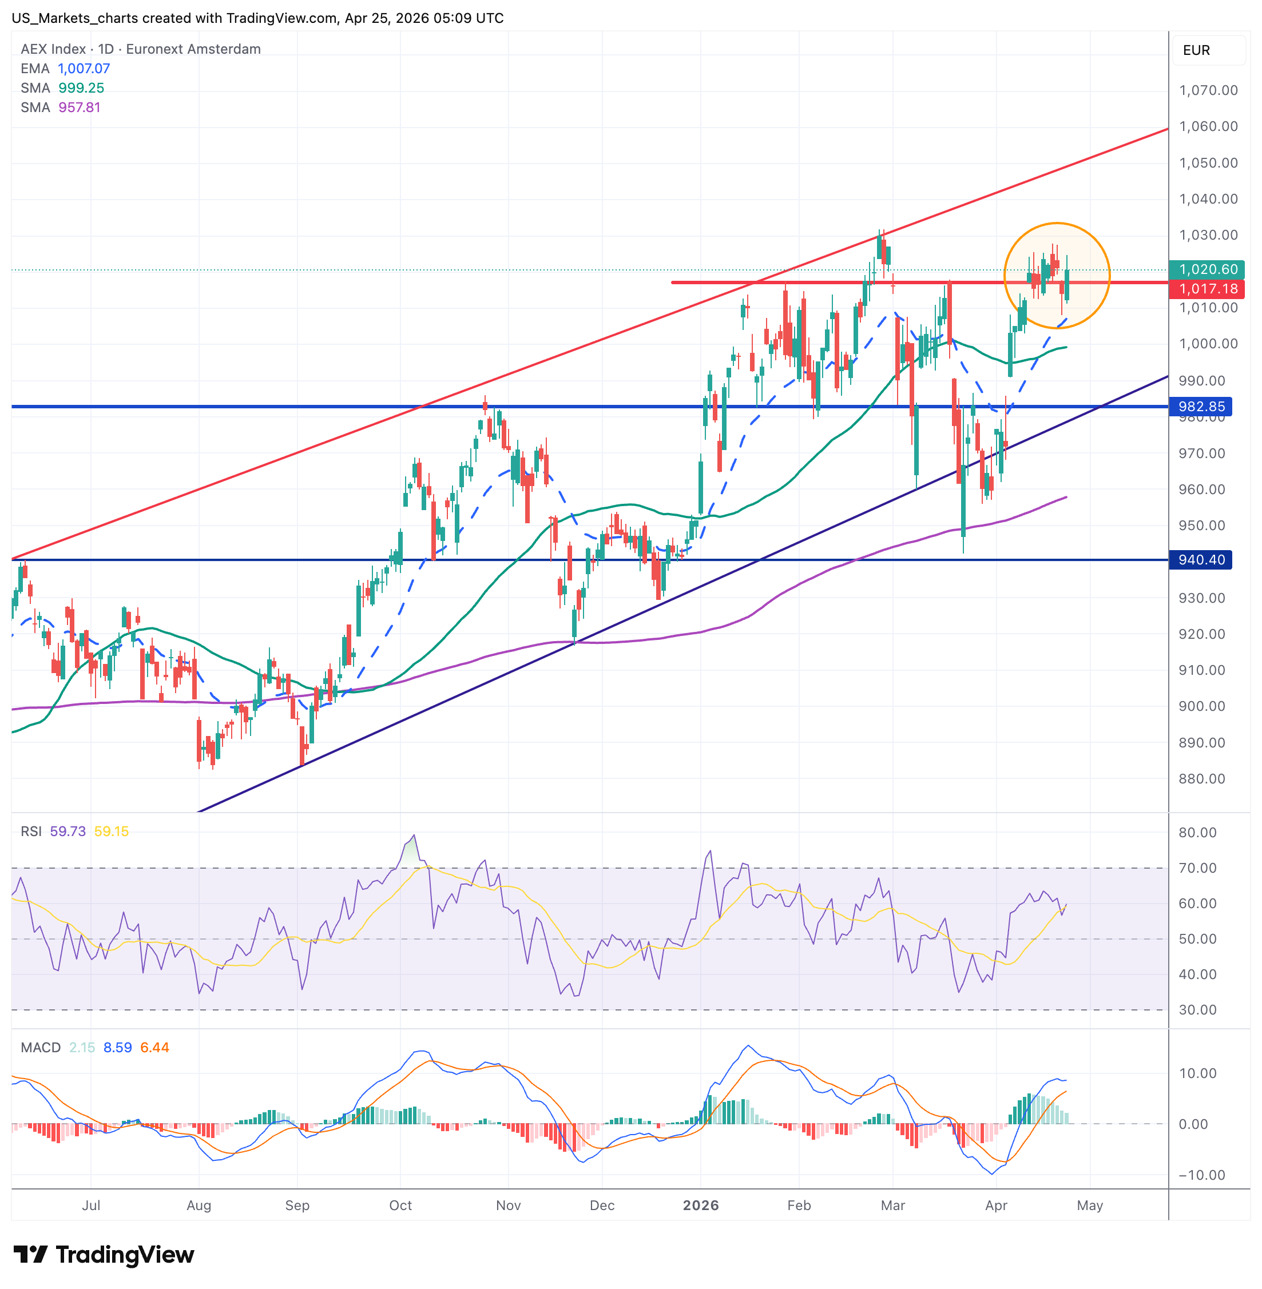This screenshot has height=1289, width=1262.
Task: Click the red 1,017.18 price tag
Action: pyautogui.click(x=1207, y=289)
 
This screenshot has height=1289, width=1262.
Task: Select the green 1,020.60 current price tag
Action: pyautogui.click(x=1207, y=270)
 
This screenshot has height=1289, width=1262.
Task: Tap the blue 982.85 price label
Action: pyautogui.click(x=1200, y=406)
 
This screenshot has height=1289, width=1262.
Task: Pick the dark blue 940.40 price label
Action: pyautogui.click(x=1200, y=560)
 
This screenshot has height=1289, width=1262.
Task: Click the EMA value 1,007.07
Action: pyautogui.click(x=84, y=68)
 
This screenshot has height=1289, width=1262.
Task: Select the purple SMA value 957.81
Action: pyautogui.click(x=79, y=108)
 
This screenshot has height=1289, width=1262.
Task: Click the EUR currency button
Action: pyautogui.click(x=1196, y=50)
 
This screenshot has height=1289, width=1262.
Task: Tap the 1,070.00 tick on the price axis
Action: pyautogui.click(x=1208, y=90)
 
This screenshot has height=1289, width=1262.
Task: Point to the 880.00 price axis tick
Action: pyautogui.click(x=1201, y=779)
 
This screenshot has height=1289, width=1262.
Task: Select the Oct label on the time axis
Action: pyautogui.click(x=400, y=1206)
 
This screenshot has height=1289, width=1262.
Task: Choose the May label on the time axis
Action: pyautogui.click(x=1090, y=1206)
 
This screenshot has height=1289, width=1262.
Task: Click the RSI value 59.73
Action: pyautogui.click(x=68, y=831)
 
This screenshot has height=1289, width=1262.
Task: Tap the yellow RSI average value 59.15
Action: pyautogui.click(x=112, y=831)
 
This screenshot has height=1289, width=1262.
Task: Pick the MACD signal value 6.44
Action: pyautogui.click(x=154, y=1048)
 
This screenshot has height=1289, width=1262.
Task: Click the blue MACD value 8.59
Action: pyautogui.click(x=117, y=1048)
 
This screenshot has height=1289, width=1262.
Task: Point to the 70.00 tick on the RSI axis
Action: pyautogui.click(x=1197, y=868)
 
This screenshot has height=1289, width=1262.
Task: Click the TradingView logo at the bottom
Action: pyautogui.click(x=104, y=1255)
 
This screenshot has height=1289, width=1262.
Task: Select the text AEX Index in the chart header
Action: pyautogui.click(x=53, y=49)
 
